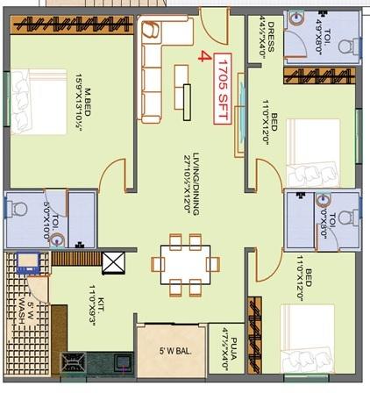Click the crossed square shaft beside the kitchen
pos(114,263)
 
